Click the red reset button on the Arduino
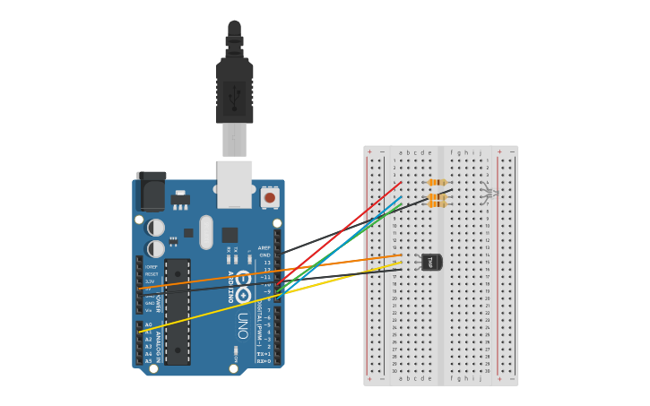270,196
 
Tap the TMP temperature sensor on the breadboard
431,262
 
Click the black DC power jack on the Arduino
151,193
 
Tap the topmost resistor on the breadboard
438,182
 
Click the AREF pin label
264,247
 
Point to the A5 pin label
148,361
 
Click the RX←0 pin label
263,361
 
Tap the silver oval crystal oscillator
206,231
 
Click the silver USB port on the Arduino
234,185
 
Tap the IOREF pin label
151,266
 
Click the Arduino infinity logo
242,278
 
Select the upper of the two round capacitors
156,228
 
